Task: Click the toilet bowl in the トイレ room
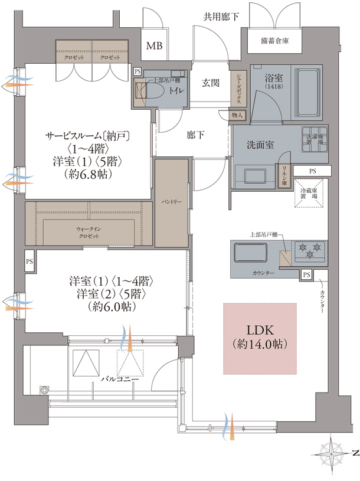click(x=155, y=90)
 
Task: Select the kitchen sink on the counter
click(x=250, y=254)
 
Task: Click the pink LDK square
click(x=259, y=339)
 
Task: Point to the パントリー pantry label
click(x=171, y=202)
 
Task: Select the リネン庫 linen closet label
click(x=284, y=175)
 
